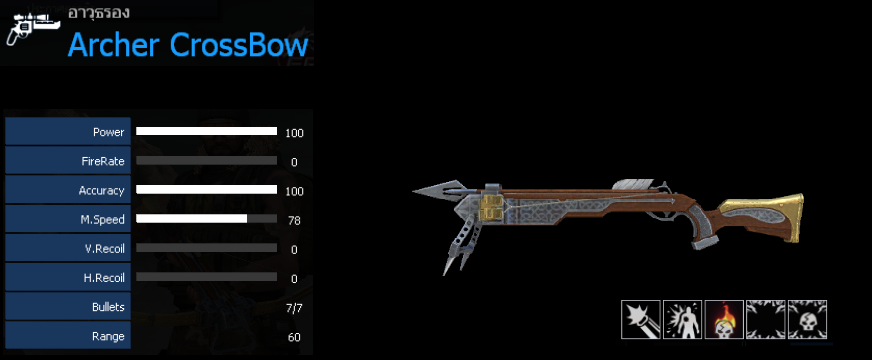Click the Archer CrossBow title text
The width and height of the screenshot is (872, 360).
point(188,46)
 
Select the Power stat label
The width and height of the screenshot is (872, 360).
point(108,132)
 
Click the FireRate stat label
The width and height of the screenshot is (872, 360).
point(102,162)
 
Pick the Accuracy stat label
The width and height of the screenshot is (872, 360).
point(101,191)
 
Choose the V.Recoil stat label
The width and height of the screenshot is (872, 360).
point(104,249)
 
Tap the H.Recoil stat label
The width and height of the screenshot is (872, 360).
point(104,278)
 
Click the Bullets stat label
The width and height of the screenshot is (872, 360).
point(108,307)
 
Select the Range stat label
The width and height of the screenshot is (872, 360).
point(108,336)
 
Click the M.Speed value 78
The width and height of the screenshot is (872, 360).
point(294,221)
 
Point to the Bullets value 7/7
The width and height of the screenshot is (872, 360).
point(294,308)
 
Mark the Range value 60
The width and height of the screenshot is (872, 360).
point(294,337)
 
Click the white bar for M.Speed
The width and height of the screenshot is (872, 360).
point(192,219)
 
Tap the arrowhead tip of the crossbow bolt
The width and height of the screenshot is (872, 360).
point(414,192)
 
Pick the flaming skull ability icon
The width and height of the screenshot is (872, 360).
point(724,319)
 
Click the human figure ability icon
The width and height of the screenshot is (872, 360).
point(682,319)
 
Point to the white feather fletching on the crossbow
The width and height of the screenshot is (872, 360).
point(634,185)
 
